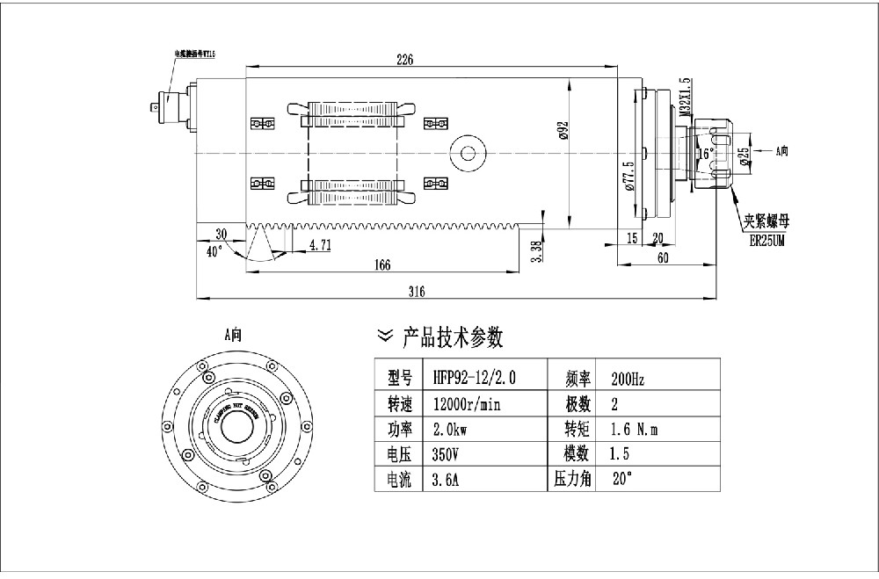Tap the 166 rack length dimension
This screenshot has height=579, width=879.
click(x=381, y=264)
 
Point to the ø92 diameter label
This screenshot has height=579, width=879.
click(x=563, y=133)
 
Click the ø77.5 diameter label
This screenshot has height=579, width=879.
click(x=628, y=176)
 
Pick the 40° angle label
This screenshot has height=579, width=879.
click(x=214, y=251)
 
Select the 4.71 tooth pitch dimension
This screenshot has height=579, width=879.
click(x=319, y=246)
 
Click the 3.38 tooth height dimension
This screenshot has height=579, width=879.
click(x=538, y=250)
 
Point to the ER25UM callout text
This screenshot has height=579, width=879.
click(x=767, y=239)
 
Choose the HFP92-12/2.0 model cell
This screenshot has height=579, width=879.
click(x=475, y=379)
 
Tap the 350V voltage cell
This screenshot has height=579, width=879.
click(x=447, y=455)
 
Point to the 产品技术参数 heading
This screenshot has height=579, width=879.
click(x=452, y=337)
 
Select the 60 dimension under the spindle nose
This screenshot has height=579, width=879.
click(x=663, y=257)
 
